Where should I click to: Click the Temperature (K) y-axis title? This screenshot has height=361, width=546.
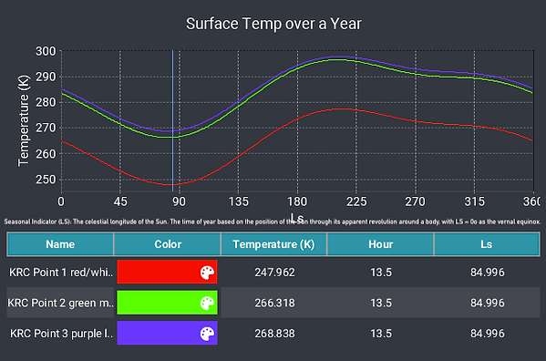point(24,120)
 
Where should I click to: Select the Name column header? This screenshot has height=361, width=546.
point(60,244)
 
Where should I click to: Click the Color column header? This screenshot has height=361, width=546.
point(168,244)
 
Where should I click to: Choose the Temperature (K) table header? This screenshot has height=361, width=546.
point(273,244)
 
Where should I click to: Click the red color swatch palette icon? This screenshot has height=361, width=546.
point(207,272)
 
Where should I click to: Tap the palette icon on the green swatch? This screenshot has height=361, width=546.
point(207,303)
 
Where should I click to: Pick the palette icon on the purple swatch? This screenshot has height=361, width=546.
point(207,334)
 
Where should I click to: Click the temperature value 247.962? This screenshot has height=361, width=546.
point(273,272)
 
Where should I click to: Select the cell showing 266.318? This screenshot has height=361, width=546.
point(273,303)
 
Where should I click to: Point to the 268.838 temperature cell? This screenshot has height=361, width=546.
point(273,334)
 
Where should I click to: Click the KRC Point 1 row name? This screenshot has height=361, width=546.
point(60,272)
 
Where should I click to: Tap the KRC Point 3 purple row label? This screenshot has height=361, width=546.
point(60,334)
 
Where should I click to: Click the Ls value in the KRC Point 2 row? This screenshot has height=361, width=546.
point(487,303)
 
